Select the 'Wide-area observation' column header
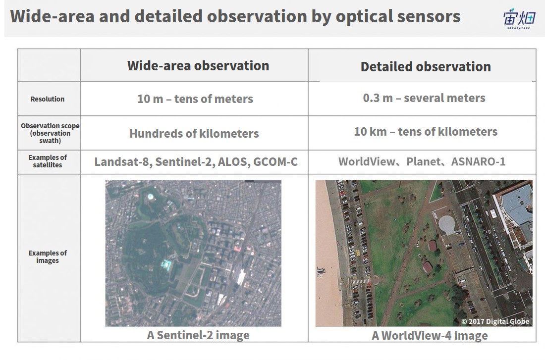[x=198, y=66]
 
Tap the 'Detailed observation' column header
[x=426, y=66]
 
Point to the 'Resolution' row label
[x=47, y=99]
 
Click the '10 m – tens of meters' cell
[x=195, y=99]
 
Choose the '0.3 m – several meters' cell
[x=424, y=98]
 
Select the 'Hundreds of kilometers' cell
[x=194, y=133]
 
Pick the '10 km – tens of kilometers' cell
[x=426, y=131]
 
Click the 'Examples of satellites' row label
[x=47, y=161]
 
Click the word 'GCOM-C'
[x=275, y=161]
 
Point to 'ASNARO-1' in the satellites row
[x=478, y=161]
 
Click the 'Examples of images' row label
[x=47, y=257]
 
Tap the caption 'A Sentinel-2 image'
[x=198, y=335]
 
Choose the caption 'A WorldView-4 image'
[x=430, y=335]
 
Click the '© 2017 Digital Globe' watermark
[x=495, y=321]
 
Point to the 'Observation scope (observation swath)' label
[x=50, y=133]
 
